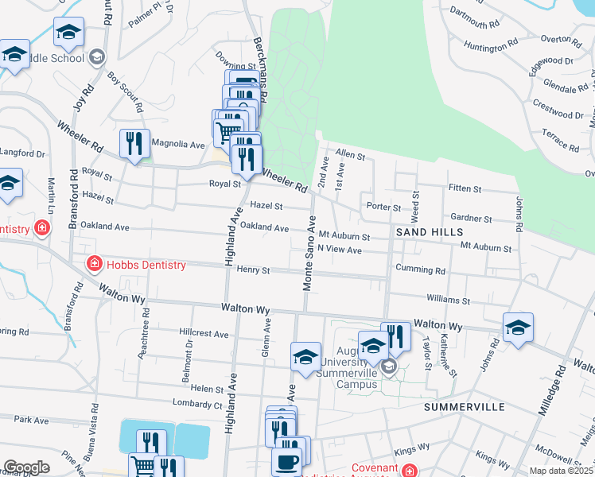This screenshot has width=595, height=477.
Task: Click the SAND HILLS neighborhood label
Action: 430,231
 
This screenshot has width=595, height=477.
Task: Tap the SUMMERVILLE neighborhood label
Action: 465,407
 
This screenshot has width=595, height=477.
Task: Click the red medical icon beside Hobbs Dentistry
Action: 94,263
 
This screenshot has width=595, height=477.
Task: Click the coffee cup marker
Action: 286,461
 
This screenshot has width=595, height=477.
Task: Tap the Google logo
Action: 26,467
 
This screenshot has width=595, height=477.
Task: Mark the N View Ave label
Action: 340,250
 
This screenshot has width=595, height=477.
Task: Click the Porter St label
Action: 383,207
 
